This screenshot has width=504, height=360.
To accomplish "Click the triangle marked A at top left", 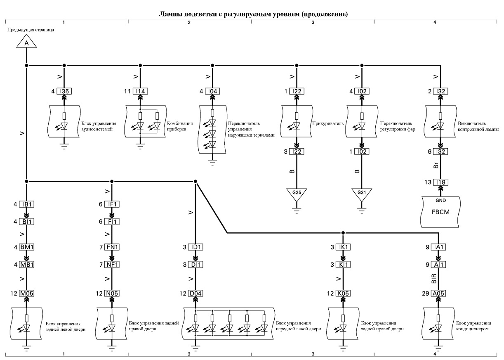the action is coord(26,42).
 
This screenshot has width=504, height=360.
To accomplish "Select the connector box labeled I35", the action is coord(64,91).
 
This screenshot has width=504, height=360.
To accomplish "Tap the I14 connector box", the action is coord(140,91).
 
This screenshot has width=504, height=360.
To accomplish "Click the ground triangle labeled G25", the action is coord(297,194).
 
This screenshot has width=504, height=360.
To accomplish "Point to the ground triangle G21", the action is coord(362,194).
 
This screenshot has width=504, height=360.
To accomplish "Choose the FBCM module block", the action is coord(440,211).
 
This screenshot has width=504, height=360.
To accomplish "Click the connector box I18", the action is coord(440,182).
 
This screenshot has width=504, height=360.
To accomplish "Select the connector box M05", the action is coord(27,293).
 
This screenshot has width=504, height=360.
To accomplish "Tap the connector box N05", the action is coord(112,293).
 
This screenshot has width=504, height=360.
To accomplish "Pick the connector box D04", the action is coord(195,293).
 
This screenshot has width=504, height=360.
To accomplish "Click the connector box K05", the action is coord(343,293).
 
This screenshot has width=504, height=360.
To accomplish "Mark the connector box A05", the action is coord(438,293).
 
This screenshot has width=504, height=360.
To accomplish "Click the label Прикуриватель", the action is coord(327,123).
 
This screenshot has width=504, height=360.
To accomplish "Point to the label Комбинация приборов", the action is coord(180,126).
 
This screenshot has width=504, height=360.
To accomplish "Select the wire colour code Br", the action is coord(436,166).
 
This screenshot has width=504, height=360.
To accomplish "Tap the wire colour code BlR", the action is coord(434,278).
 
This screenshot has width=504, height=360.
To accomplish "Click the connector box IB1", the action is coord(27,204).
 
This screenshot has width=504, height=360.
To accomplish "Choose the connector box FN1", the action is coord(112,247).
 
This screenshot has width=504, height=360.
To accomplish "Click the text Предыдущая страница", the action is coord(31,30).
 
